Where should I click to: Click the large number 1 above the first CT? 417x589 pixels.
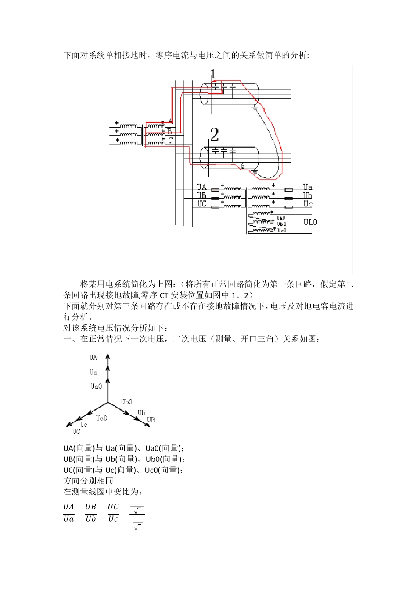tap(213, 73)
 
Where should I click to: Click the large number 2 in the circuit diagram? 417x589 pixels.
tap(214, 134)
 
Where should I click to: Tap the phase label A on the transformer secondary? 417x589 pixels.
tap(170, 121)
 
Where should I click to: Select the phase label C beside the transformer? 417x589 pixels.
tap(170, 140)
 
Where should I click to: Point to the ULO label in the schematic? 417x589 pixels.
tap(310, 222)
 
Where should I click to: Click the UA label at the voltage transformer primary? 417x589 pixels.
tap(201, 187)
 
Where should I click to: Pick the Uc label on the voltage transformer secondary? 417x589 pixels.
tap(308, 204)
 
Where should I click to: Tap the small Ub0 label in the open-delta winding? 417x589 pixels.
tap(281, 224)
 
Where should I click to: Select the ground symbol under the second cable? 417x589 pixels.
tap(255, 171)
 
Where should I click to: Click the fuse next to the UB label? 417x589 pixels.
tap(215, 198)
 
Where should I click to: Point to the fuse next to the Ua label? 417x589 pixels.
tap(288, 189)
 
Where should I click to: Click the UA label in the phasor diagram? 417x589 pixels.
tap(93, 358)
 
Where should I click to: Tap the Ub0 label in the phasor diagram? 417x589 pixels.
tap(126, 402)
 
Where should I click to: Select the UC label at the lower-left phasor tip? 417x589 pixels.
tap(76, 432)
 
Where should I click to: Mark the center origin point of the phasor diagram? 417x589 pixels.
tap(108, 402)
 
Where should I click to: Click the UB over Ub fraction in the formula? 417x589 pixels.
tap(91, 512)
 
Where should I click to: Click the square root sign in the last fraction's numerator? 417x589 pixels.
tap(137, 511)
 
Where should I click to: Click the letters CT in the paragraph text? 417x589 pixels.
tap(164, 295)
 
